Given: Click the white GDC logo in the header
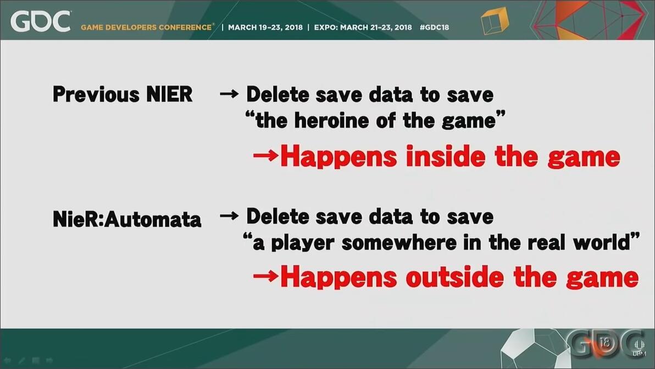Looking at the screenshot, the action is pos(40,21).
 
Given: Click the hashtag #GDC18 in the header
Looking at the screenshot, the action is pos(434,27).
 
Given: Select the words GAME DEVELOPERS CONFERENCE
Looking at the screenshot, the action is pos(147,27).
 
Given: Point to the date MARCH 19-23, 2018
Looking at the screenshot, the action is pos(265,27).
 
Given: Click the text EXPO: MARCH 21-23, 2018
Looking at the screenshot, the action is pos(363,27).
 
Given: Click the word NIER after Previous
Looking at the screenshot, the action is pos(169,94).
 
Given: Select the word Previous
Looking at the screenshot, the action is pos(96,94).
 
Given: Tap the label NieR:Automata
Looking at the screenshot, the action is pos(127,219).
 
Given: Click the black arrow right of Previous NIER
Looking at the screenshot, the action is pos(229,94).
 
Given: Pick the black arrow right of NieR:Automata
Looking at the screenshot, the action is pos(229,216).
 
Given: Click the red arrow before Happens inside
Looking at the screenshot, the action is pos(265,156).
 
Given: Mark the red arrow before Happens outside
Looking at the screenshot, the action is pos(265,276).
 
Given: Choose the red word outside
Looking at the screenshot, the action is pos(454,277).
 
